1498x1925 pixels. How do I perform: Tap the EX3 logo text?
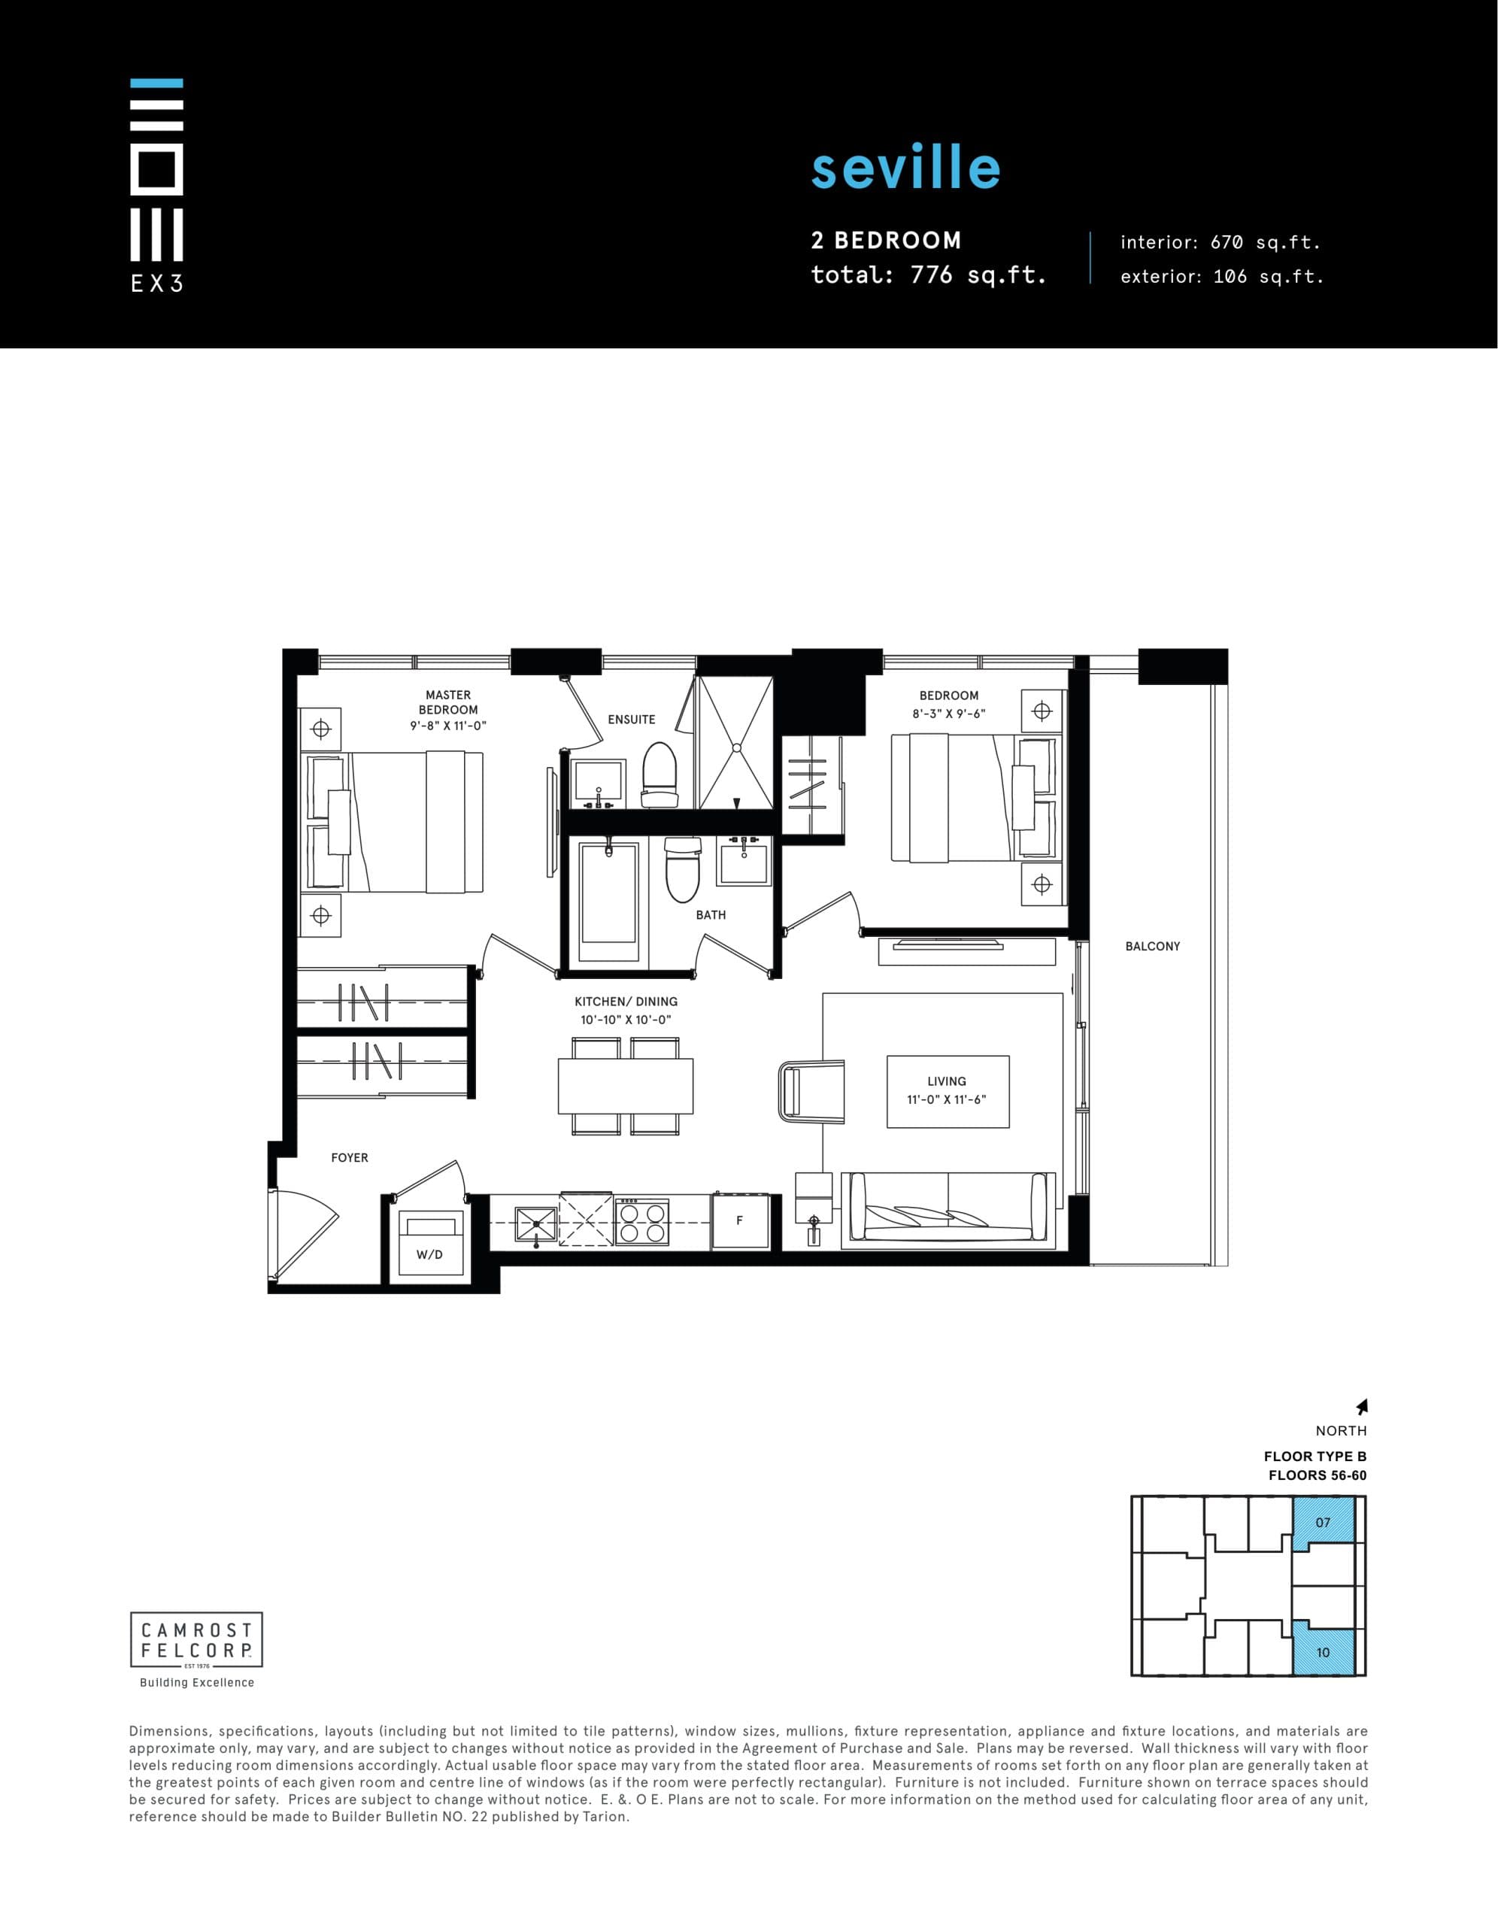pos(156,283)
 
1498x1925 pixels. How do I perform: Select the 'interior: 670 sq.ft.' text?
pos(1221,242)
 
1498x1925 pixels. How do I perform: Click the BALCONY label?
pos(1151,946)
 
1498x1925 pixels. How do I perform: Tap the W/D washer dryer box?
pos(429,1243)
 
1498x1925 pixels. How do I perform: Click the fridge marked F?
pos(740,1220)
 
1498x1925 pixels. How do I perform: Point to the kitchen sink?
pos(536,1220)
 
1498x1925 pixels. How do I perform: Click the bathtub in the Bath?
pos(608,902)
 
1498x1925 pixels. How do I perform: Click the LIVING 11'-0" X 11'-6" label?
pos(947,1090)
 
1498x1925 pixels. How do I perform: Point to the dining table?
pos(625,1086)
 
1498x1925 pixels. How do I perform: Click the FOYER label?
pos(349,1157)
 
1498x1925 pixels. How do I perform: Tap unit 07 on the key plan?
pos(1324,1521)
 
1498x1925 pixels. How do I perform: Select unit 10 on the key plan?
pos(1323,1652)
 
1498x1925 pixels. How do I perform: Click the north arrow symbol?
pos(1362,1407)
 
